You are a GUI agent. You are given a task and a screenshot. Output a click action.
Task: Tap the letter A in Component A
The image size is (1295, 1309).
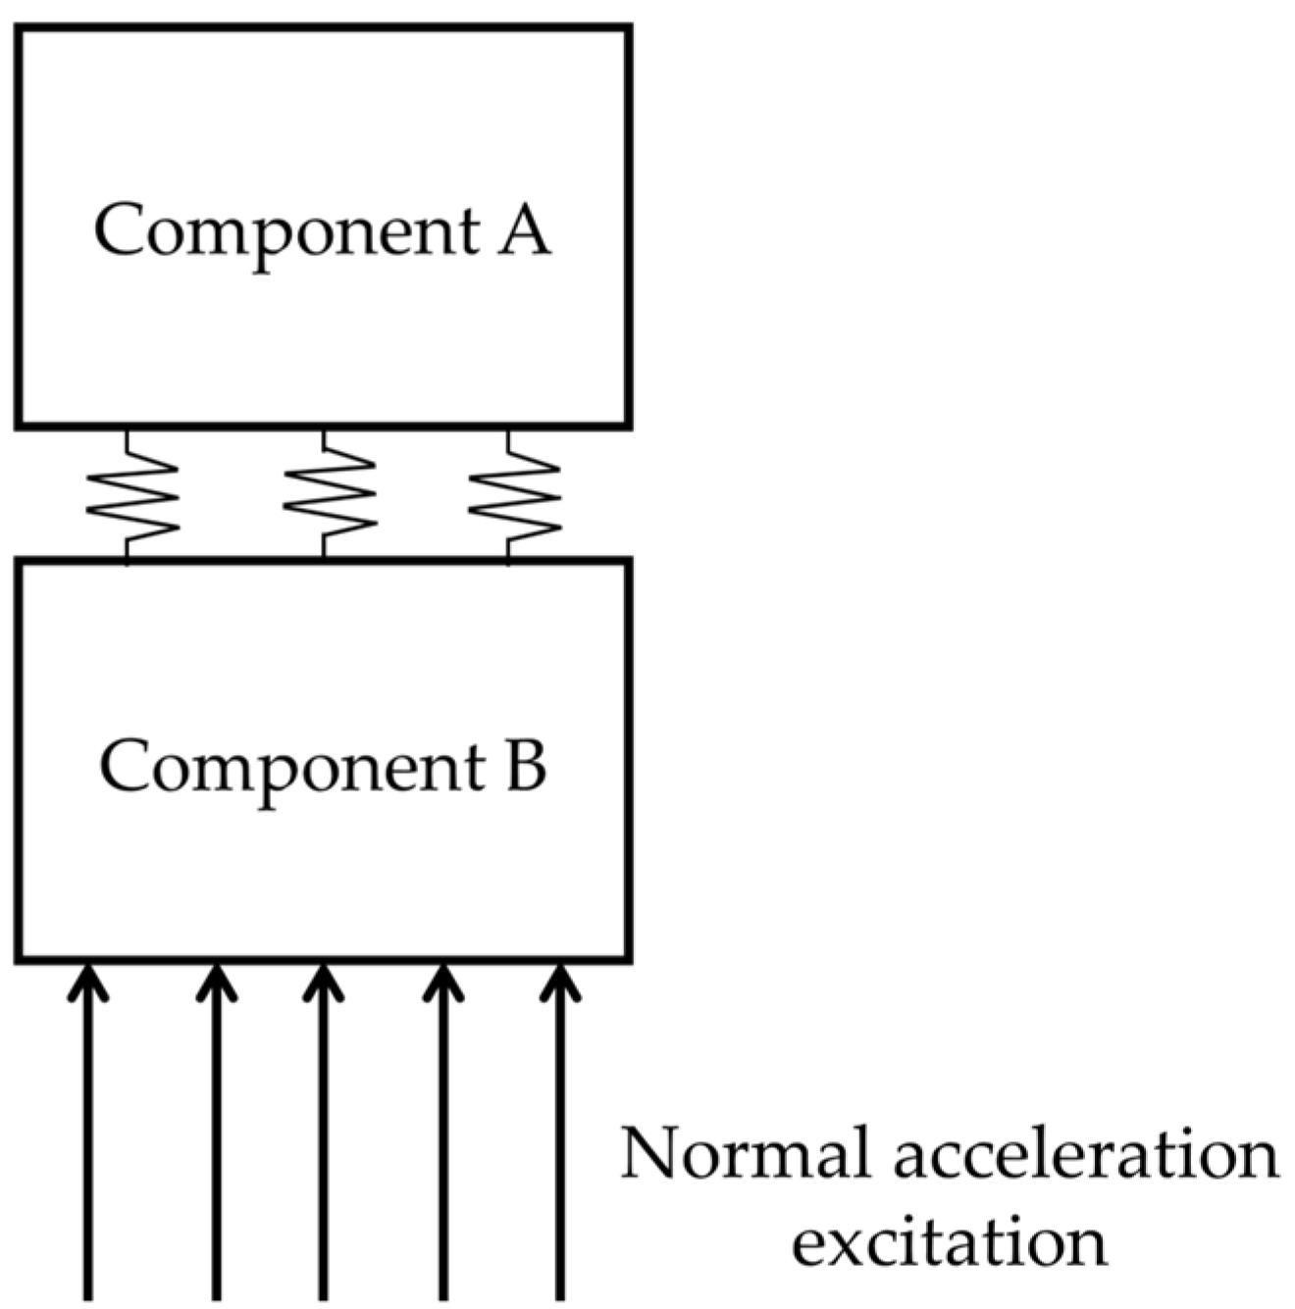(523, 230)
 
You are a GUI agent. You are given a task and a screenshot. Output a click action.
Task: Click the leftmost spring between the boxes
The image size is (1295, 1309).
(131, 495)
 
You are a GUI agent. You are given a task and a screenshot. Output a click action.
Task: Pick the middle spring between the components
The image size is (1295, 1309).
(329, 495)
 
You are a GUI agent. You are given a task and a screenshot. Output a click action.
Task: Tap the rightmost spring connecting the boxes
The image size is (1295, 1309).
(513, 495)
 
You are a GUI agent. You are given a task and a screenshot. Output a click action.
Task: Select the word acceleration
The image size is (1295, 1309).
(1085, 1154)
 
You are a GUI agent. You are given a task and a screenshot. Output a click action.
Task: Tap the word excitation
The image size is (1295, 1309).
(949, 1241)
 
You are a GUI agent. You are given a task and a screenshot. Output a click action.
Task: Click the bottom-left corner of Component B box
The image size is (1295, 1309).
(19, 958)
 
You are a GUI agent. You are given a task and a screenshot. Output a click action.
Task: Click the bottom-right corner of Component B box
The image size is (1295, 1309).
(628, 958)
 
